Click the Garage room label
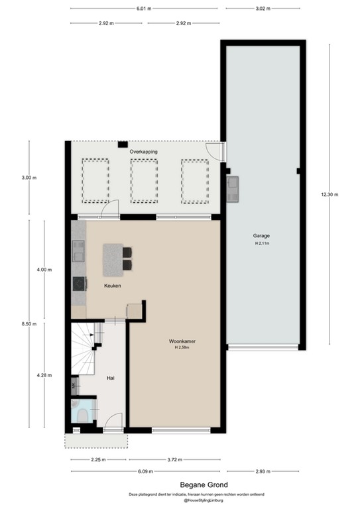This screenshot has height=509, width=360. (261, 235)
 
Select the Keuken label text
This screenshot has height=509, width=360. (111, 286)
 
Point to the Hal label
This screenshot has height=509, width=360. (111, 378)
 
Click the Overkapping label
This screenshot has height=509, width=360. (144, 151)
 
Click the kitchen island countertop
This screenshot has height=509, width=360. (113, 260)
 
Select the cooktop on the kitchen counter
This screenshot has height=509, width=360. (79, 284)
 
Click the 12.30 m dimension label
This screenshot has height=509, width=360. (329, 194)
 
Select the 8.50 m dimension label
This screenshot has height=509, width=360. (29, 324)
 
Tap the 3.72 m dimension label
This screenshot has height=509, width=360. (176, 459)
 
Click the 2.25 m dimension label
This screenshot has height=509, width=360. (99, 459)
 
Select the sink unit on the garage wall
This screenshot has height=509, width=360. (233, 189)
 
